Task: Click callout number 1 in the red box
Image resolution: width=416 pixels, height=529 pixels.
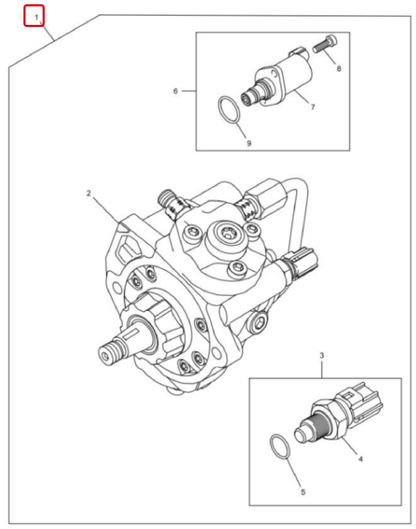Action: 37,17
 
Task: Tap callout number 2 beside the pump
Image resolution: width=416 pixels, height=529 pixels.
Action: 89,193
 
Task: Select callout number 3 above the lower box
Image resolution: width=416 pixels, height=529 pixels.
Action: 322,355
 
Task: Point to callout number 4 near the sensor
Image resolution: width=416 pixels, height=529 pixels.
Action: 361,459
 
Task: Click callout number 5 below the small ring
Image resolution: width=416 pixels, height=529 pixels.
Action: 303,492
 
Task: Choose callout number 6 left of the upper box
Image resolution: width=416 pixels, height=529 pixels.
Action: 175,91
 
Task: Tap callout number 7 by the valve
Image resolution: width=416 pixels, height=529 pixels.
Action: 313,107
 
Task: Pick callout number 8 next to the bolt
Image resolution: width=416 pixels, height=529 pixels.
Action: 339,68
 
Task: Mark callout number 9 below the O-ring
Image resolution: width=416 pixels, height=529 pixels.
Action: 249,143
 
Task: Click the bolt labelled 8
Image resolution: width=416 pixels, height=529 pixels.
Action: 326,44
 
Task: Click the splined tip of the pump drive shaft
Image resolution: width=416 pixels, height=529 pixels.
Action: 109,353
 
